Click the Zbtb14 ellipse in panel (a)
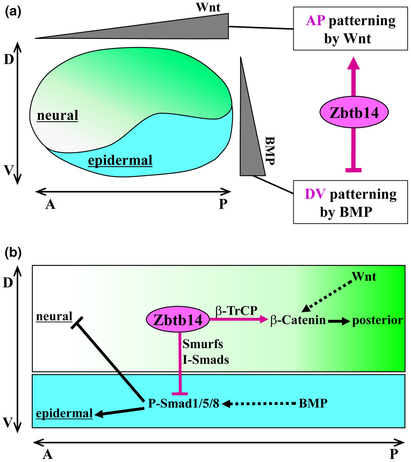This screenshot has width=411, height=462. (x=354, y=112)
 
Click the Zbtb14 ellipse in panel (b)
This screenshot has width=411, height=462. (x=178, y=320)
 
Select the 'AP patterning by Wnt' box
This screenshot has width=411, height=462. (x=350, y=30)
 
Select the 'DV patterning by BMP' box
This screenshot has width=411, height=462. (x=350, y=202)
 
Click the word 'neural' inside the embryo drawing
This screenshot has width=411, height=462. (x=57, y=115)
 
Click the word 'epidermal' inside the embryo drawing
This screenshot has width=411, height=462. (x=120, y=161)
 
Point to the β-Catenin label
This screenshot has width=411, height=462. (x=298, y=320)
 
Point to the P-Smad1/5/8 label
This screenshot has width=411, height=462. (x=184, y=404)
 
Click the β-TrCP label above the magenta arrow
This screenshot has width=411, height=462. (x=236, y=311)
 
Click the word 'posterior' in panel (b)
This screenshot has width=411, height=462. (x=377, y=320)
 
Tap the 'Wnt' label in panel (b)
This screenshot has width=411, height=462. (x=364, y=277)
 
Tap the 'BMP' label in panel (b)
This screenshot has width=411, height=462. (x=313, y=404)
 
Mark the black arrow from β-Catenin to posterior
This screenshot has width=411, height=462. (x=339, y=321)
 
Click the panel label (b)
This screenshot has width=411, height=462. (x=13, y=253)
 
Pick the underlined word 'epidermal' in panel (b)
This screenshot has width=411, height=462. (x=64, y=414)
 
